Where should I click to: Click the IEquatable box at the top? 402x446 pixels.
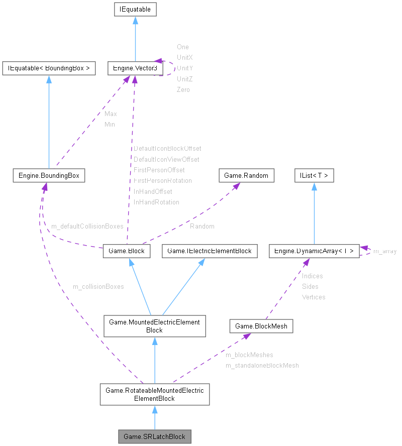click(135, 9)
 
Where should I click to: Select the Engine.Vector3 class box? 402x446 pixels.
click(133, 68)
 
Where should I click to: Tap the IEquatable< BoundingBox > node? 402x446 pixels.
click(49, 68)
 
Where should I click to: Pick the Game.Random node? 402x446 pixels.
click(247, 175)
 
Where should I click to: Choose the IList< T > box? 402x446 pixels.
click(314, 175)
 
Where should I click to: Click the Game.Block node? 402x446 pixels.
click(127, 251)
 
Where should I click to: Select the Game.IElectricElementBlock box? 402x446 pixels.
click(209, 251)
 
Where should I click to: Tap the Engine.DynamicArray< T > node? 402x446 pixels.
click(314, 251)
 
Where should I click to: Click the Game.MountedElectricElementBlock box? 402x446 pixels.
click(154, 326)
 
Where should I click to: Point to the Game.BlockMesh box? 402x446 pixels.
click(261, 326)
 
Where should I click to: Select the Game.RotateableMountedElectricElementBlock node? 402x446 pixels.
click(154, 394)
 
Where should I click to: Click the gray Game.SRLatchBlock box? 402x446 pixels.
click(154, 436)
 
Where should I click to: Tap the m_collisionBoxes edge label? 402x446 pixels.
click(98, 287)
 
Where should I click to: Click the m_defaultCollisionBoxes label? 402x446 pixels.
click(87, 227)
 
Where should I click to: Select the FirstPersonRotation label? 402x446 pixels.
click(163, 180)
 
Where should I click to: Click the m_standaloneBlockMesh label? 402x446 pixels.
click(262, 366)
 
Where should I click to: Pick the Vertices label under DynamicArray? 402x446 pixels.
click(314, 297)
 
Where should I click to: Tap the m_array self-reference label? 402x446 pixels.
click(385, 251)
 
